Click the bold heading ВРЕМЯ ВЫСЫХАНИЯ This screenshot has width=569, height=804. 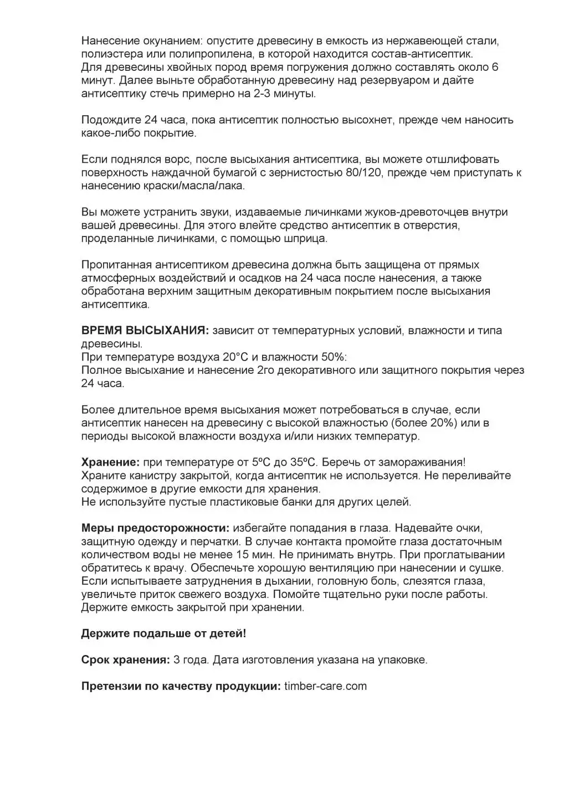(145, 331)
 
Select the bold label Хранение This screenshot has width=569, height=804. (110, 462)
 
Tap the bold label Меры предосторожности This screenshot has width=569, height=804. (155, 528)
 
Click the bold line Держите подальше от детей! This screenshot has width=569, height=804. (163, 633)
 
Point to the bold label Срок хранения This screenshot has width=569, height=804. (125, 660)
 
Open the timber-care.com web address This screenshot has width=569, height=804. (325, 687)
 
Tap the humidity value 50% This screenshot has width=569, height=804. (329, 357)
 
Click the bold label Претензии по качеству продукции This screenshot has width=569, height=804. (181, 687)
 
